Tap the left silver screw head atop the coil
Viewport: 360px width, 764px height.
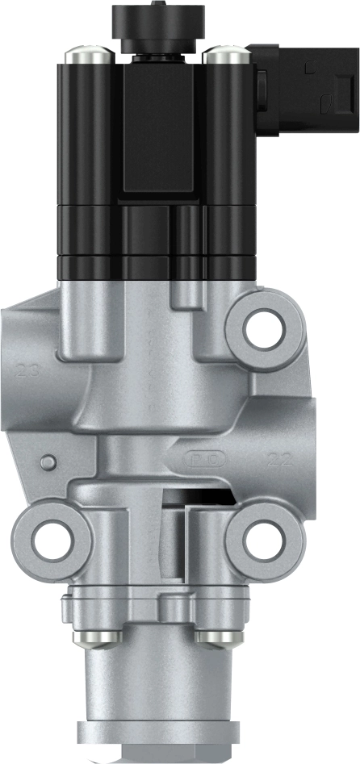(x=86, y=55)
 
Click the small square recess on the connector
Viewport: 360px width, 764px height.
(x=325, y=102)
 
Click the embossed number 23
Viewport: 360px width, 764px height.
(x=28, y=371)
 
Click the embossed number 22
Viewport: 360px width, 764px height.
(x=279, y=461)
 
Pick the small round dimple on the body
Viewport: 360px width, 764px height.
(x=49, y=461)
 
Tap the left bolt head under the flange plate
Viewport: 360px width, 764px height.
(x=98, y=637)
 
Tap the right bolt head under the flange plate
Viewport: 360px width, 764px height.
(x=216, y=637)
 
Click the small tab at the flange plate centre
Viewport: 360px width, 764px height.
(x=168, y=603)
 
